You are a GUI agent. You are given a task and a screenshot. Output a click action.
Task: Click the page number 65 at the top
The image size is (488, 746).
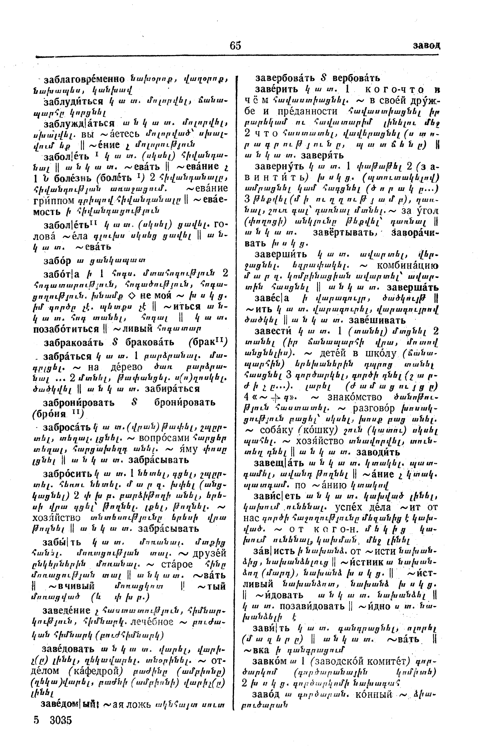(235, 46)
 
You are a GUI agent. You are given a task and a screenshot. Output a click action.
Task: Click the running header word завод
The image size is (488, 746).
(426, 46)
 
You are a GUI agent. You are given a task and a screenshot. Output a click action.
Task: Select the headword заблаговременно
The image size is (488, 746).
(84, 79)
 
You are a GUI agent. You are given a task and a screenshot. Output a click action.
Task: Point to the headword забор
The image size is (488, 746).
(57, 260)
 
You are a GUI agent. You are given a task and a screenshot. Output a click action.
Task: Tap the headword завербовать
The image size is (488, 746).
(286, 78)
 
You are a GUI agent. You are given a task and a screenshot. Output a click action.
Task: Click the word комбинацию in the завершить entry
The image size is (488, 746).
(407, 265)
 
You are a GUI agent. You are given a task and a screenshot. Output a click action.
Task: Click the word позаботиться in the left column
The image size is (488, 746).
(66, 329)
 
